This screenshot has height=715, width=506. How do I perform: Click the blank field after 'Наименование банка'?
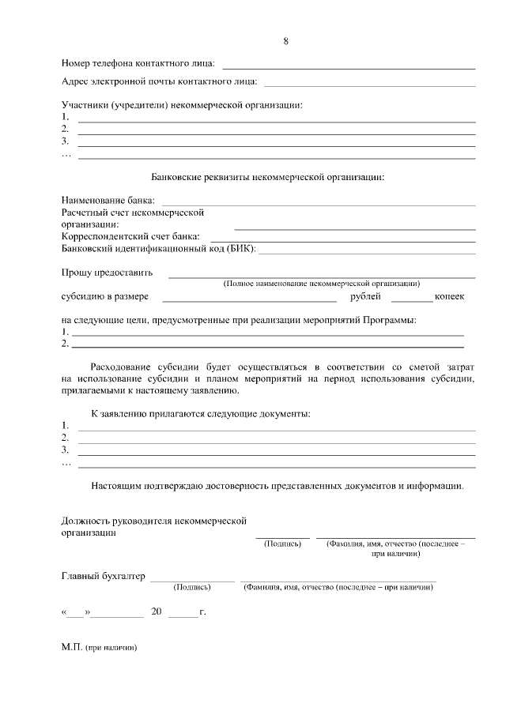[318, 205]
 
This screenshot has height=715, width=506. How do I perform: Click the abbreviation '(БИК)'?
[241, 249]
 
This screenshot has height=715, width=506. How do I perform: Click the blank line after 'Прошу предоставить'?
[321, 277]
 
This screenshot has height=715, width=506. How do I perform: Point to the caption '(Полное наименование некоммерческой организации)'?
[321, 283]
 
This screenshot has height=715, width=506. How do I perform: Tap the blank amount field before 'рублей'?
[249, 301]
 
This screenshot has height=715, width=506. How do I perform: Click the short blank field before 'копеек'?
[411, 301]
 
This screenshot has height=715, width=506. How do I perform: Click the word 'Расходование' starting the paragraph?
[123, 367]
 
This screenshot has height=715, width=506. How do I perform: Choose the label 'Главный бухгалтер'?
[104, 576]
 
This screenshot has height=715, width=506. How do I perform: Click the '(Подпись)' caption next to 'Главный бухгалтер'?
[191, 587]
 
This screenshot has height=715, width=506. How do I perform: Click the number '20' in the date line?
[156, 612]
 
